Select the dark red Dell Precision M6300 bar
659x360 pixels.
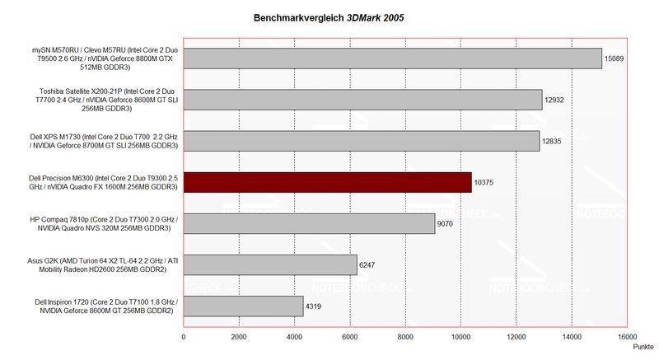click(327, 182)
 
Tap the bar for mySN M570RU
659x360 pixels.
click(392, 58)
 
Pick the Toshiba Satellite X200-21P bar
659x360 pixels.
click(362, 100)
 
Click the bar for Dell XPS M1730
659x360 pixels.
click(361, 141)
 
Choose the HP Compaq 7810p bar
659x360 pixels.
click(309, 223)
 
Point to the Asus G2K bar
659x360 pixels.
click(269, 264)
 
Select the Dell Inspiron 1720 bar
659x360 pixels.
click(243, 306)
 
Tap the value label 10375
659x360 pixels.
click(485, 183)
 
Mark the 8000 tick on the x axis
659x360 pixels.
click(405, 337)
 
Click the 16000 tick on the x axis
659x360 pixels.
click(627, 337)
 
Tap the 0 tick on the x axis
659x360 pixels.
click(184, 337)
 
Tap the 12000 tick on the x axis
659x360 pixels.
click(516, 337)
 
